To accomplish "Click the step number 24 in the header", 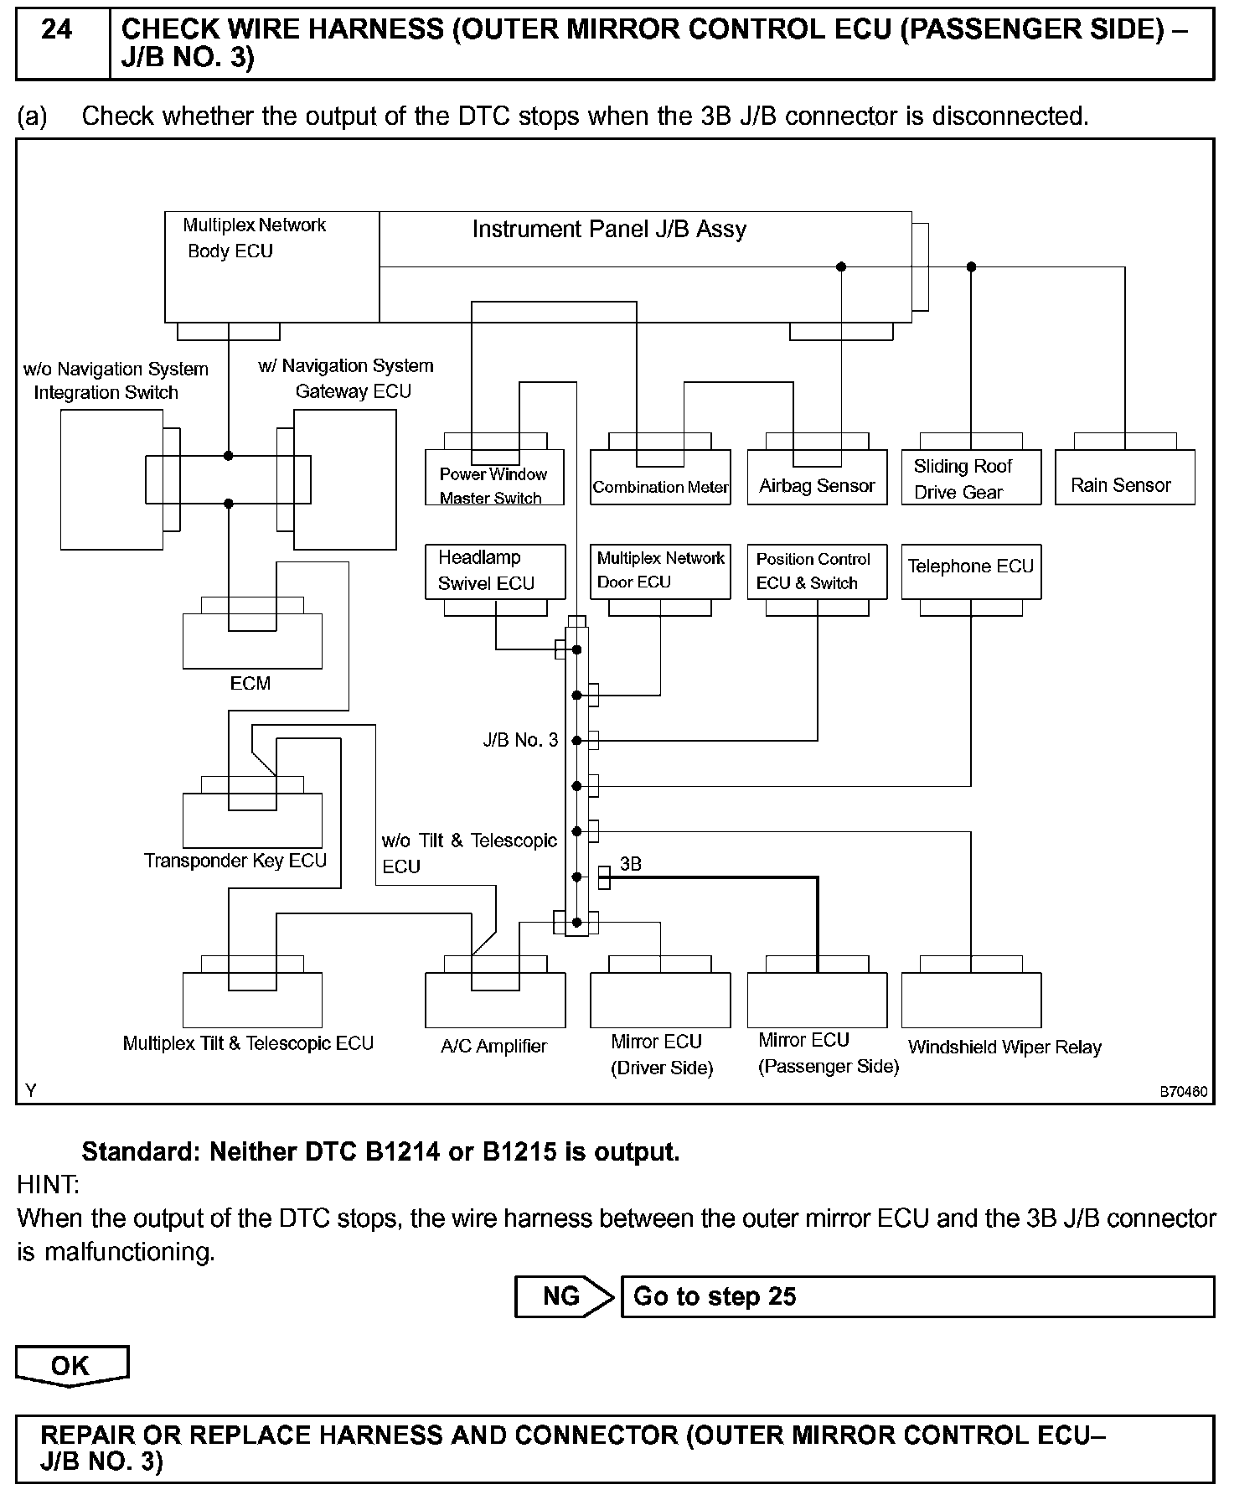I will click(x=57, y=31).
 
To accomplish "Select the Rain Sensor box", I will click(x=1124, y=478).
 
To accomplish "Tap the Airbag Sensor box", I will click(x=817, y=478).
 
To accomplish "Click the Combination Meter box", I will click(x=660, y=478).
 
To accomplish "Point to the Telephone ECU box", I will click(x=971, y=572).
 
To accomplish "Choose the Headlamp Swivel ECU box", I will click(x=495, y=572).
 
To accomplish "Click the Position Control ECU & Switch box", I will click(x=817, y=572).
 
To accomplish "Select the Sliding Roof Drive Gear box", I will click(x=971, y=478).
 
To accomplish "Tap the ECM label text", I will click(x=250, y=684).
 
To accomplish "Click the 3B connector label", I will click(x=631, y=864).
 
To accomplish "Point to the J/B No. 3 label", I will click(x=520, y=740).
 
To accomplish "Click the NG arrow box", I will click(x=563, y=1296).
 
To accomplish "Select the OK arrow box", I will click(x=71, y=1366).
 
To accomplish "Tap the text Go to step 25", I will click(x=715, y=1296).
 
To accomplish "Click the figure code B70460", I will click(x=1183, y=1092).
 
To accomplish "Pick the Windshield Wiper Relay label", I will click(x=1004, y=1047).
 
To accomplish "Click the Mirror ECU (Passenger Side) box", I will click(x=817, y=1001).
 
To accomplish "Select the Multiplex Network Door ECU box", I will click(x=660, y=572).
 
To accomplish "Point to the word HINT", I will click(x=49, y=1185).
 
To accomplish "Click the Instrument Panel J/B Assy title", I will click(x=609, y=230).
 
